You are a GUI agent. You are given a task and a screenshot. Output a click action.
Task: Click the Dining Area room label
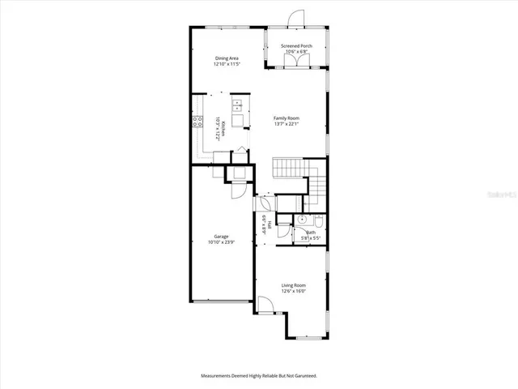226,58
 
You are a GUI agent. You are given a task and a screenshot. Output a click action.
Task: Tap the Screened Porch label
296,46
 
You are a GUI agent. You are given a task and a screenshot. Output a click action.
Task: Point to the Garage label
221,236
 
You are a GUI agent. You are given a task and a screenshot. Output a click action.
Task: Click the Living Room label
293,284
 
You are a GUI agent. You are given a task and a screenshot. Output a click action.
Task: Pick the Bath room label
311,233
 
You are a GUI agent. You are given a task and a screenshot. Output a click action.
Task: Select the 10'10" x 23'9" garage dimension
221,242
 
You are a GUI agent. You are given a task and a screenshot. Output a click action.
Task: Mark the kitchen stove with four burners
197,122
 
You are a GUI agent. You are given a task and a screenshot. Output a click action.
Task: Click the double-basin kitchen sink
237,104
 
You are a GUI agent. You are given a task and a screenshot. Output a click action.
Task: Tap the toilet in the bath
319,220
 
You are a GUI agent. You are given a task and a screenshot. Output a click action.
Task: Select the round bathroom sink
301,220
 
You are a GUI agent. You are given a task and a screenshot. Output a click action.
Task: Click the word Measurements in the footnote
219,376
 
